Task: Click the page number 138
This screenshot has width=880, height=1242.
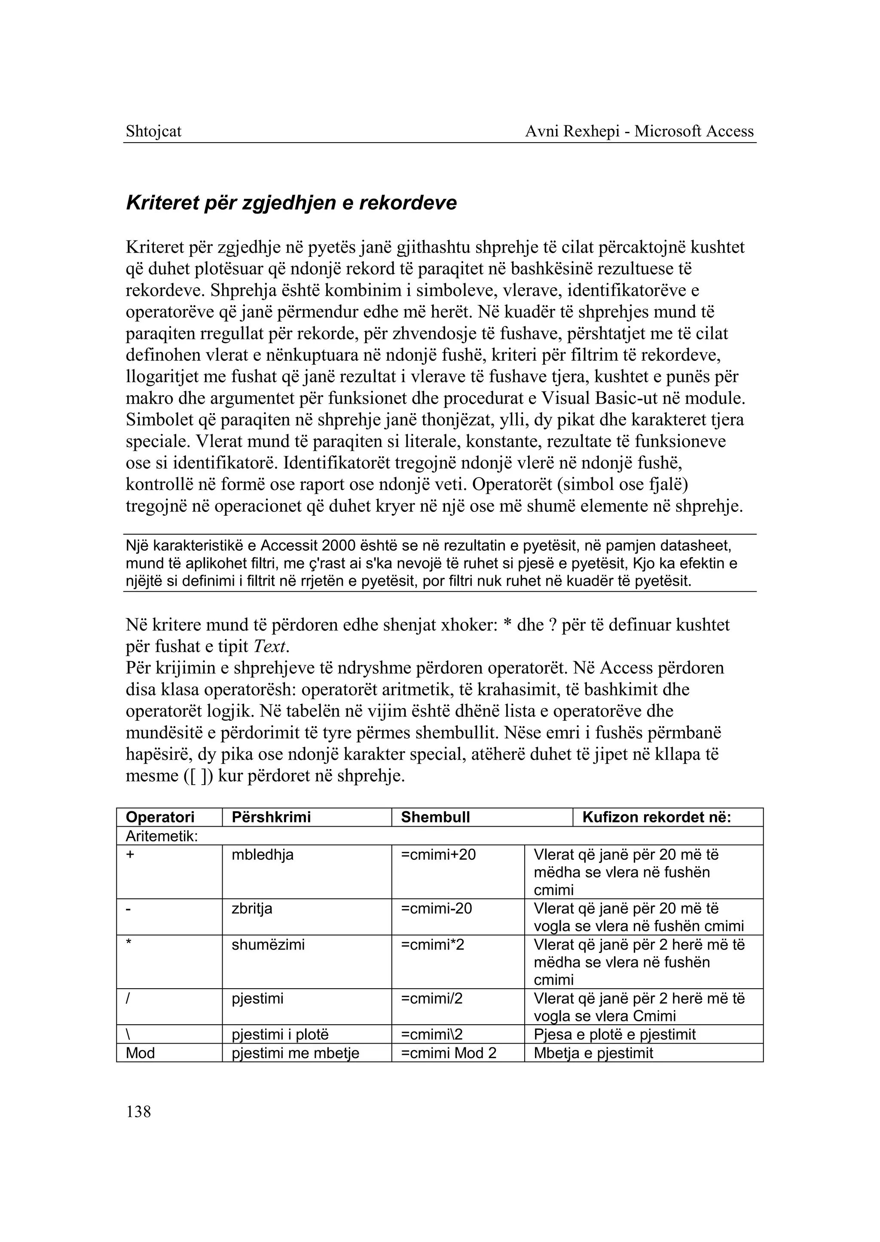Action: (138, 1112)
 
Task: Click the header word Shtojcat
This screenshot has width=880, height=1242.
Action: (153, 131)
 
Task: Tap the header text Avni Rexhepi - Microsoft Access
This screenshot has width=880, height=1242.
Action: (639, 131)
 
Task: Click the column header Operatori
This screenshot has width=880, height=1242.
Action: (160, 817)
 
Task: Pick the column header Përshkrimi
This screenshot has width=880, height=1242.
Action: (271, 817)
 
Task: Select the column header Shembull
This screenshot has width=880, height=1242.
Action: (435, 817)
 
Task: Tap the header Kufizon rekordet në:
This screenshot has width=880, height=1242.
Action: (656, 817)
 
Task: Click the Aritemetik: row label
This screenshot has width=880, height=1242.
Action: (162, 836)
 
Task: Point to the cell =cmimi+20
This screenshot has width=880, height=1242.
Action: (438, 855)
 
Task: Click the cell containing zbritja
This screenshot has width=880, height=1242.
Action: (251, 908)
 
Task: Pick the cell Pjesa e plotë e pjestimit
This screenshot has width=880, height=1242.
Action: (614, 1035)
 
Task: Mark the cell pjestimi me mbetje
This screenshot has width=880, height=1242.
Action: (295, 1053)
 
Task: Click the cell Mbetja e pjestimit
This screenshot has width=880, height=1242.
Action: (593, 1053)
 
